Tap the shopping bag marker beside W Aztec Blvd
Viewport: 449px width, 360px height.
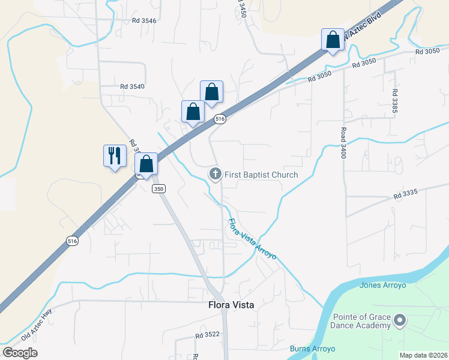click(x=333, y=40)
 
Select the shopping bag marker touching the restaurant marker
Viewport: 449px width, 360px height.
click(x=146, y=164)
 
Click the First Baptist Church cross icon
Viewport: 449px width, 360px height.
click(x=215, y=174)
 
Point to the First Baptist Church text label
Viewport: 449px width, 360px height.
click(x=261, y=175)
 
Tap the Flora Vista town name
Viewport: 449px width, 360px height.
click(x=231, y=305)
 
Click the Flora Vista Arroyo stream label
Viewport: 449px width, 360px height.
click(x=252, y=239)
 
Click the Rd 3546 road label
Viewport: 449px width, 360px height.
click(x=144, y=20)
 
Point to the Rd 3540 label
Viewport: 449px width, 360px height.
click(x=132, y=86)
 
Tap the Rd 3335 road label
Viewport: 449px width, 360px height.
click(x=406, y=195)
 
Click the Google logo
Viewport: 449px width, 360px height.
click(x=20, y=353)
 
